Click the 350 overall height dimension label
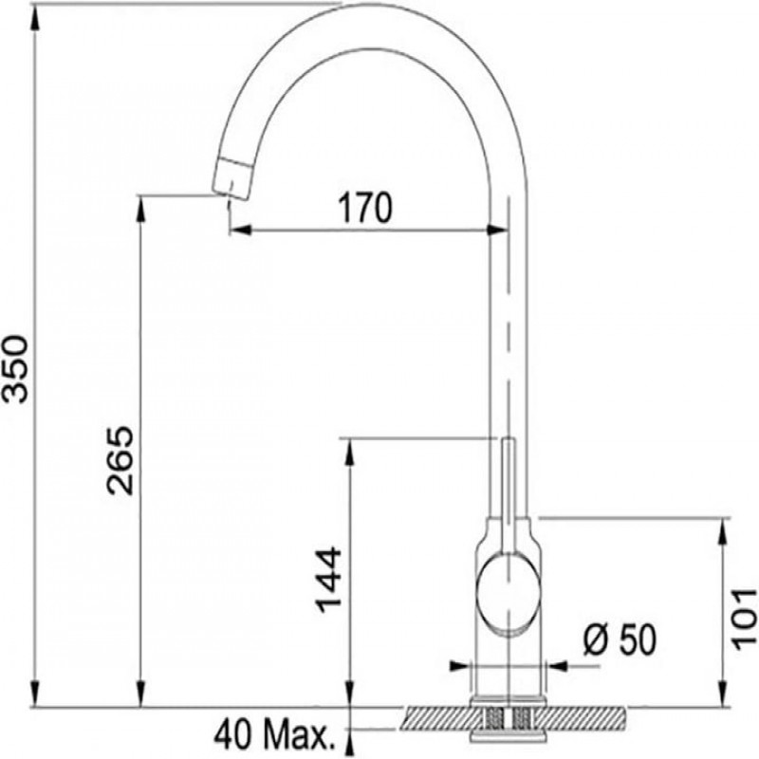pyautogui.click(x=16, y=369)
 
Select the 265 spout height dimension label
pyautogui.click(x=120, y=460)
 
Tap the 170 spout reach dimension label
pyautogui.click(x=365, y=208)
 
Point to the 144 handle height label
pyautogui.click(x=328, y=580)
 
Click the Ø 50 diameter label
pyautogui.click(x=620, y=639)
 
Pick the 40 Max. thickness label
pyautogui.click(x=275, y=735)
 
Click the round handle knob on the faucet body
pyautogui.click(x=508, y=595)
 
